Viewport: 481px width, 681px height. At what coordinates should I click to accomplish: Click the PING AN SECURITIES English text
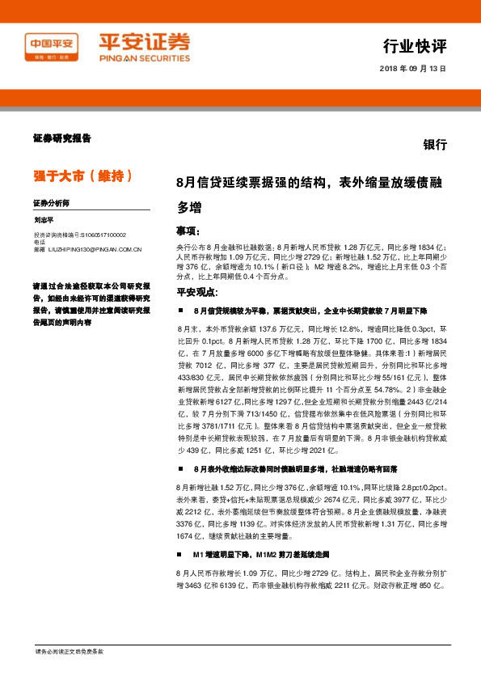[x=145, y=58]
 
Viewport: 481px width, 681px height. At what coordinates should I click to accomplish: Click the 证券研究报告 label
[x=62, y=138]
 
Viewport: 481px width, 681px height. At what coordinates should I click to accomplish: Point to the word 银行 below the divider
[x=434, y=145]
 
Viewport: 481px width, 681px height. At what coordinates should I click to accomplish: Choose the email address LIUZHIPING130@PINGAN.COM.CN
[x=93, y=250]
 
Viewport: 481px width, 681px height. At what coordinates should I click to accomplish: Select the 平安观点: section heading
[x=197, y=292]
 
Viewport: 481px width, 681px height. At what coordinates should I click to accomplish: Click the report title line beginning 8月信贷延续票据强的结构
[x=309, y=183]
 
